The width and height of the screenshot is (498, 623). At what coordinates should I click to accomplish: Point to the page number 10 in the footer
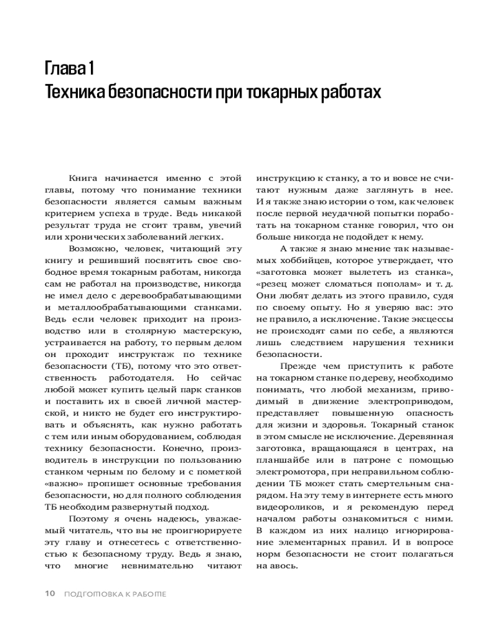[50, 594]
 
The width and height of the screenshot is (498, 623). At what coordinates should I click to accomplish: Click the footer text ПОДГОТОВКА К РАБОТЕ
[116, 594]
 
